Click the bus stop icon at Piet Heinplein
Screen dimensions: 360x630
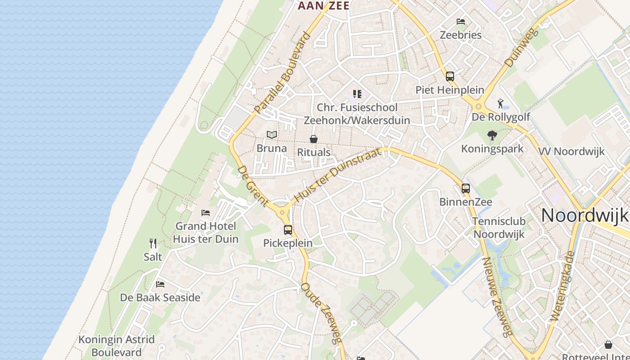450,76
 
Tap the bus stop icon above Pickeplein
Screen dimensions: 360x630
288,230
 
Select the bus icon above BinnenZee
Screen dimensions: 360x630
466,189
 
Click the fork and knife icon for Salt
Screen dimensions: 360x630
153,243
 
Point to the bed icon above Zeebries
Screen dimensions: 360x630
460,22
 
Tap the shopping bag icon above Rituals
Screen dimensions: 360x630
314,139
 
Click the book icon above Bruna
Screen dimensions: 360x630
271,135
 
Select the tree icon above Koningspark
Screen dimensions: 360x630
492,135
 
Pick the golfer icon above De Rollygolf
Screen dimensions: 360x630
501,103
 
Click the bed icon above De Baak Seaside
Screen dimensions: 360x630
160,284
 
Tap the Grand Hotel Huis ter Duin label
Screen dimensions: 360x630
206,232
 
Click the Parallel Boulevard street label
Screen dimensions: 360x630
282,73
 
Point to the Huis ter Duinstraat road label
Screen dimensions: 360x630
338,175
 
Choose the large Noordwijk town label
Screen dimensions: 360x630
585,215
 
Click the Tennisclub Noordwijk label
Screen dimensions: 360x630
499,228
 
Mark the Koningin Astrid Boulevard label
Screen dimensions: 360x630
117,346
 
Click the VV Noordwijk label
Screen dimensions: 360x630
572,151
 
